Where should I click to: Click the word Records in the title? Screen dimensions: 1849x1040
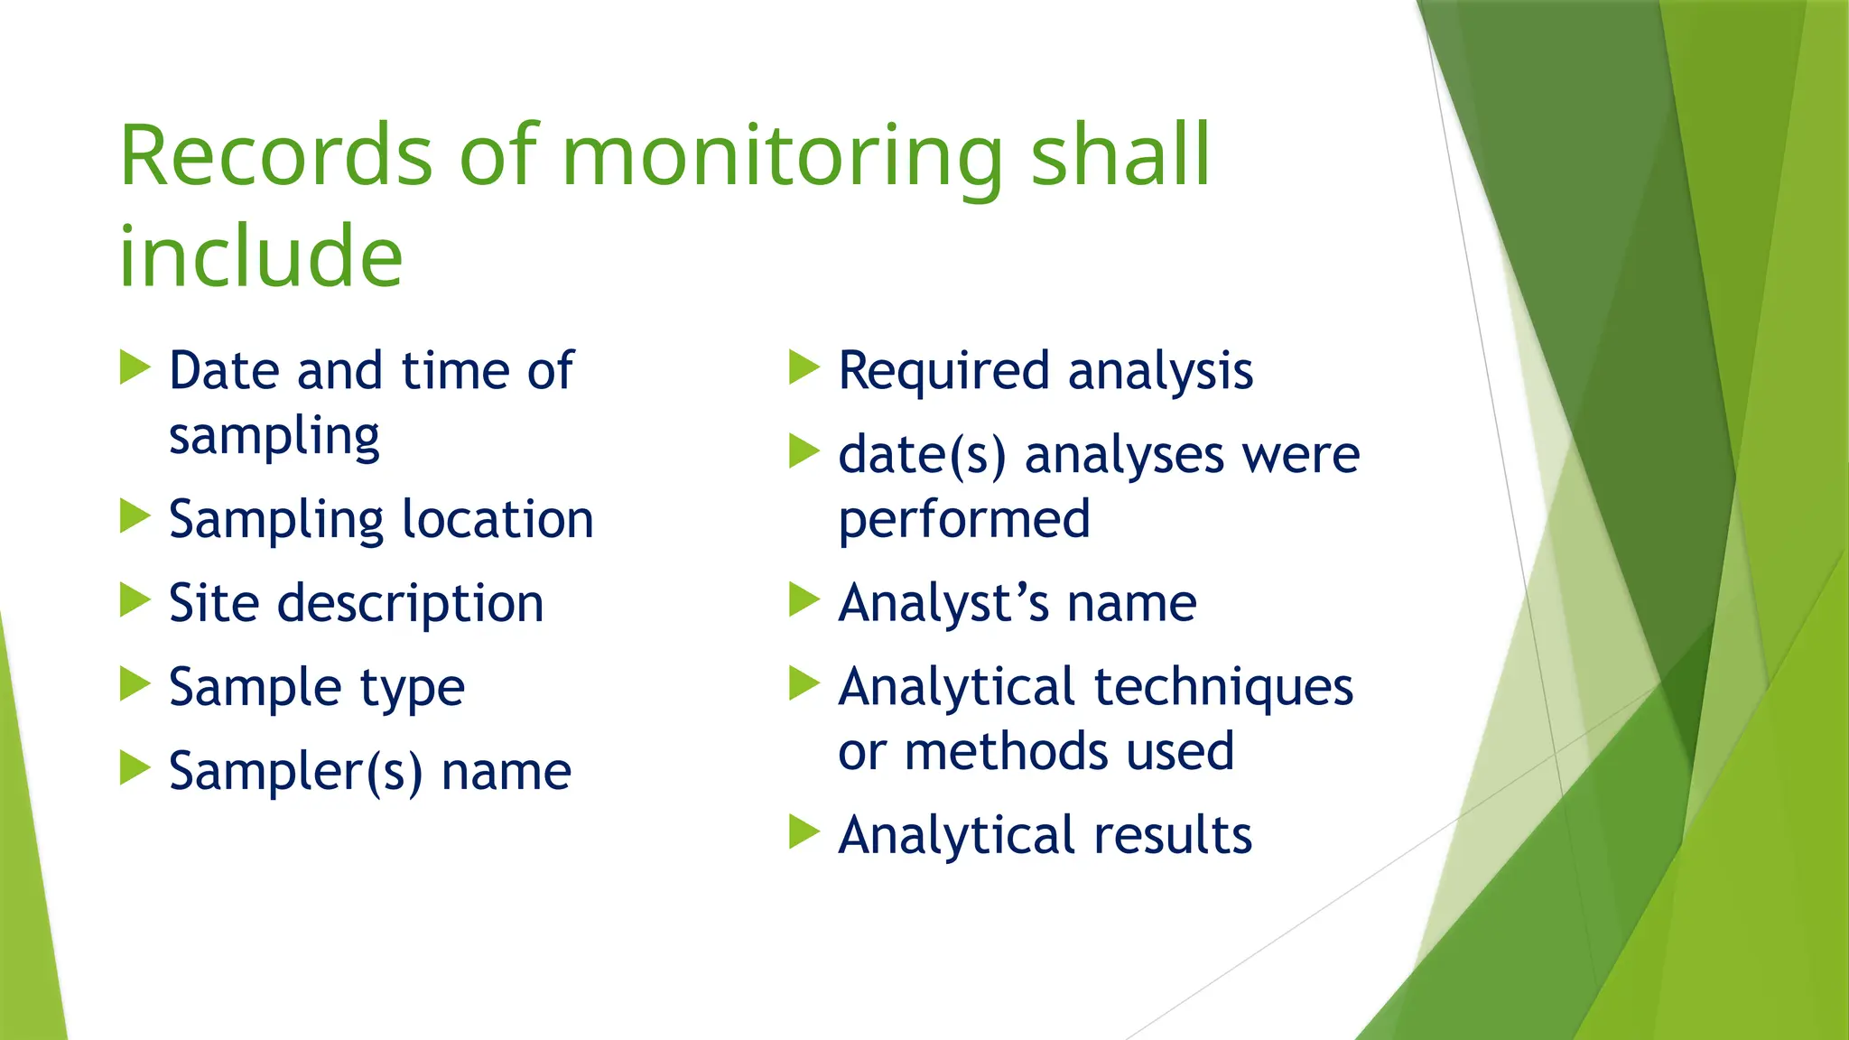[x=275, y=155]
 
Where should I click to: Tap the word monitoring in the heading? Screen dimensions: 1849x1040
[x=781, y=155]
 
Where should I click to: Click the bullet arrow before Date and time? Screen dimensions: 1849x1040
[x=135, y=368]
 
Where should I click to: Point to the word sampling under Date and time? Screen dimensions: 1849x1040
[x=274, y=437]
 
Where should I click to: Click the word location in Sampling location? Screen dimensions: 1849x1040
[x=497, y=520]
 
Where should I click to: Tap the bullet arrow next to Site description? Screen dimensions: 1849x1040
[x=135, y=600]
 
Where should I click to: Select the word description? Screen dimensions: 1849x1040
[x=410, y=604]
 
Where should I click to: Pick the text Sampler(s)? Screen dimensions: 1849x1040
[x=295, y=773]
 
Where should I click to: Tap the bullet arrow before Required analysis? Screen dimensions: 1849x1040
[x=804, y=368]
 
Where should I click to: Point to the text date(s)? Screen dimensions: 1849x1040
[x=921, y=455]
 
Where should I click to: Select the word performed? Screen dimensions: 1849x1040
[x=963, y=521]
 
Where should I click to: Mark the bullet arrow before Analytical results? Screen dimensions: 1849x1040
[x=804, y=832]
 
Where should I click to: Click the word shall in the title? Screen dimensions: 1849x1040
[x=1120, y=155]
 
